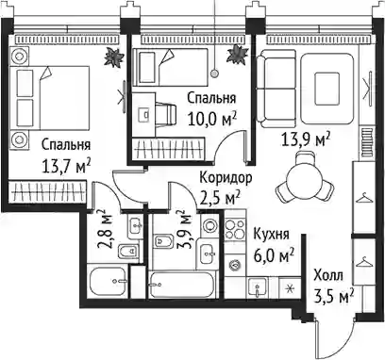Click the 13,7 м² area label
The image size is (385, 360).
click(x=66, y=166)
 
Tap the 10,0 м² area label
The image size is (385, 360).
click(x=211, y=119)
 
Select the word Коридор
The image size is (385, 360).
click(x=226, y=178)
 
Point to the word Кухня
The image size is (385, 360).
click(x=271, y=234)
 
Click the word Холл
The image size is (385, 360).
click(x=328, y=275)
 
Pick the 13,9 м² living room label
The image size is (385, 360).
click(x=306, y=139)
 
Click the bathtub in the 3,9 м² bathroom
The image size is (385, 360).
click(x=182, y=285)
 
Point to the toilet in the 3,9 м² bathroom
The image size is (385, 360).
click(x=162, y=241)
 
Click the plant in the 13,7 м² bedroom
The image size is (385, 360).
click(x=113, y=57)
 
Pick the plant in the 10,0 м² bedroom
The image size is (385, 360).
click(x=238, y=55)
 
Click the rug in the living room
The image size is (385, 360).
click(x=327, y=89)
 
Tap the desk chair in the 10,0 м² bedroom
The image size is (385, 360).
click(x=165, y=114)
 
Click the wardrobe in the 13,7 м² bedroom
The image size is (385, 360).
click(x=47, y=191)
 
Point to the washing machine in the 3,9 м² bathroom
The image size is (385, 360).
click(x=209, y=225)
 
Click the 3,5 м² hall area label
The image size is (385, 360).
click(x=334, y=296)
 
